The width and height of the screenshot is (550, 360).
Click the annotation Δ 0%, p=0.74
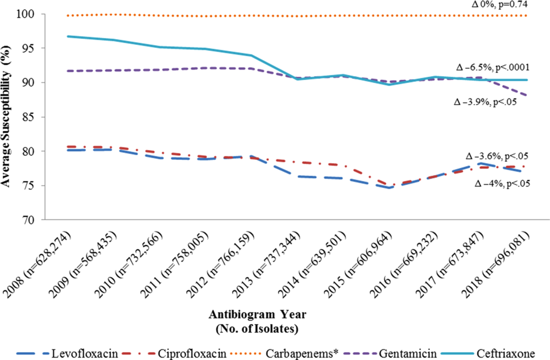pyautogui.click(x=499, y=5)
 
